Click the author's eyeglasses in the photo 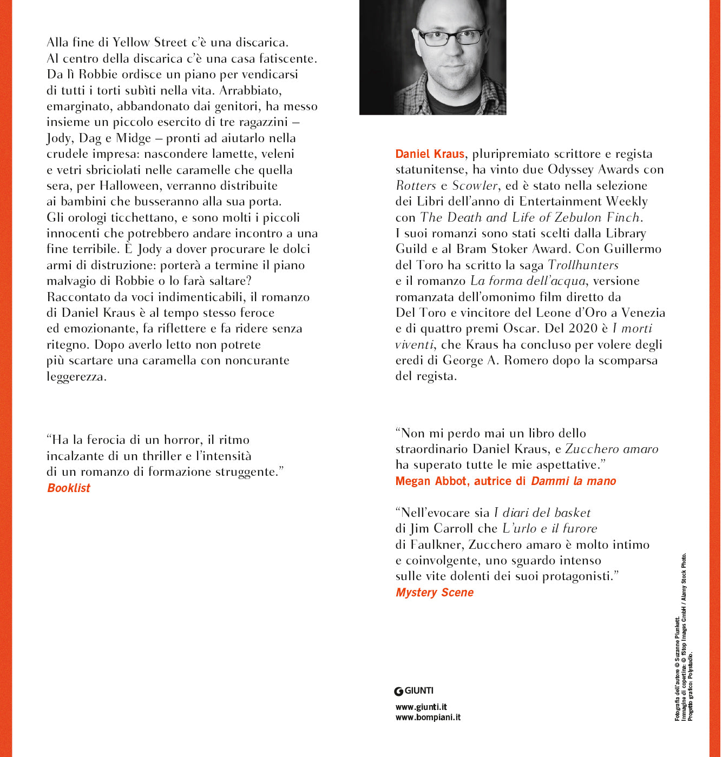pos(450,37)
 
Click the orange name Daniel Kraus pos(430,154)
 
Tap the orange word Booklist pos(69,488)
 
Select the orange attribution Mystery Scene pos(435,593)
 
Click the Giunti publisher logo pos(414,690)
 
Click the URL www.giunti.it pos(421,707)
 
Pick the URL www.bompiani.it pos(428,718)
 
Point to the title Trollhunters pos(583,265)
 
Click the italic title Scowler pos(475,185)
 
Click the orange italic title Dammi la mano pos(574,481)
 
